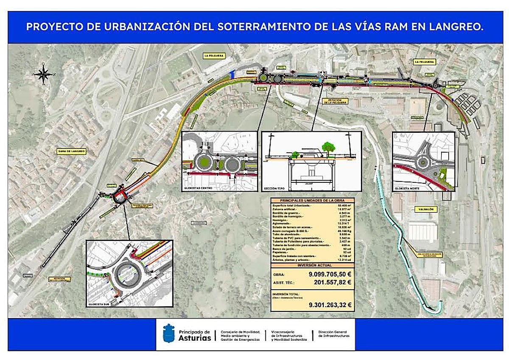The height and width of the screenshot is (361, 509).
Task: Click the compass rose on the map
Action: (43, 74)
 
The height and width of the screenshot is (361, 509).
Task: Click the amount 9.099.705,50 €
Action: (330, 274)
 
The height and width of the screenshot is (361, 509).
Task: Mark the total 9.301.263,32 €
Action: (330, 305)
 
